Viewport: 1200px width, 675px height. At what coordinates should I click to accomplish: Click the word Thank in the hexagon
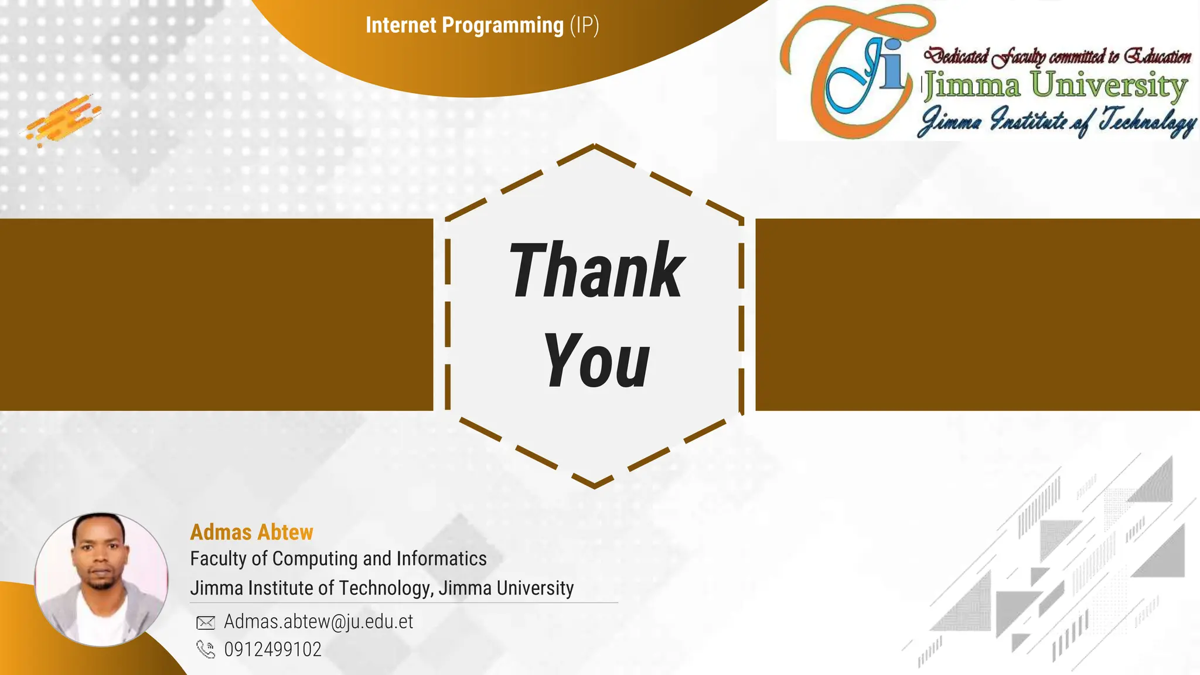click(x=596, y=271)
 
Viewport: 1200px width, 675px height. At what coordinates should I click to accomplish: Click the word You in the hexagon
click(x=596, y=361)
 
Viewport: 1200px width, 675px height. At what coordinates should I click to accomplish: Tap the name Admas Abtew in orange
click(x=251, y=532)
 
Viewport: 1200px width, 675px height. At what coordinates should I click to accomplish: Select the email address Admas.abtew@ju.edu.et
click(x=318, y=621)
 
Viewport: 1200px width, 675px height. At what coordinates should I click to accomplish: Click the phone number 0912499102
click(x=272, y=649)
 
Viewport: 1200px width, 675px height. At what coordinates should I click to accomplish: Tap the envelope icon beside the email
click(x=205, y=622)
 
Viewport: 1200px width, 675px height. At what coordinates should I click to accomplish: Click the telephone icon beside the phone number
click(x=205, y=649)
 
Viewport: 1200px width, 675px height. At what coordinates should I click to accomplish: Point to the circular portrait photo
click(x=101, y=579)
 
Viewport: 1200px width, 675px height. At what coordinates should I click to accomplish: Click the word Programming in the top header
click(x=502, y=25)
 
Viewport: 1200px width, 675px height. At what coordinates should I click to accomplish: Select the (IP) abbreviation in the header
click(x=584, y=25)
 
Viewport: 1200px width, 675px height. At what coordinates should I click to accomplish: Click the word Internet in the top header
click(x=401, y=25)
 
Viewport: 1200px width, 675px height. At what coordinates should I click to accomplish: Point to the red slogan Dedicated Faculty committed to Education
click(x=1057, y=56)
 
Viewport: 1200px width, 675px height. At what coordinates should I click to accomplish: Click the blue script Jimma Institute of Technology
click(x=1057, y=121)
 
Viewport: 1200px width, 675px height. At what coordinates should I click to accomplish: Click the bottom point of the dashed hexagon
click(x=595, y=486)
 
